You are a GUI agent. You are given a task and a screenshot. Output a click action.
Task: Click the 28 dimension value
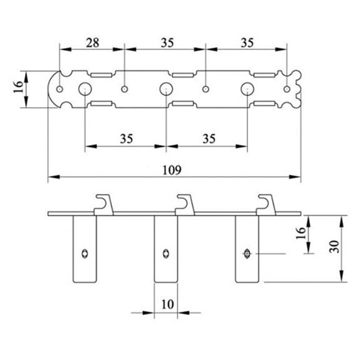pyautogui.click(x=93, y=43)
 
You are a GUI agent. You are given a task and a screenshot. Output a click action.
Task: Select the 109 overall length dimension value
pyautogui.click(x=172, y=170)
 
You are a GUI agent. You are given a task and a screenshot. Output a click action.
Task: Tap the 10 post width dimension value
pyautogui.click(x=168, y=304)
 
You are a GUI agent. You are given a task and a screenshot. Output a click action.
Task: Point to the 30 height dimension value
pyautogui.click(x=334, y=247)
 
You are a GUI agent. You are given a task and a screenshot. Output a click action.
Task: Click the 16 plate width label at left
pyautogui.click(x=18, y=87)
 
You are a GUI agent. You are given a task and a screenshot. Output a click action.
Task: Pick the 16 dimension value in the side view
pyautogui.click(x=301, y=233)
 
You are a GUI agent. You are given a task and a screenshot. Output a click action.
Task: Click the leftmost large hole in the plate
pyautogui.click(x=85, y=89)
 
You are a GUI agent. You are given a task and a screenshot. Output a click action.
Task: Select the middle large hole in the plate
pyautogui.click(x=166, y=89)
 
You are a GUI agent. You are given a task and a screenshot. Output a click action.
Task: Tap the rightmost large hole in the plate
pyautogui.click(x=247, y=89)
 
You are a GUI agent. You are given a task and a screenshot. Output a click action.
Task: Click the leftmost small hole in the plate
pyautogui.click(x=59, y=89)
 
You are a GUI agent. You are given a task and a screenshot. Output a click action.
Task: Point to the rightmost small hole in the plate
pyautogui.click(x=287, y=89)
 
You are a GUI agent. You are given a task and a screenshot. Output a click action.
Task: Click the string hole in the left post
pyautogui.click(x=85, y=254)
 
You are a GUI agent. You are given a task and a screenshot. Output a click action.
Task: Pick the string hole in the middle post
pyautogui.click(x=166, y=254)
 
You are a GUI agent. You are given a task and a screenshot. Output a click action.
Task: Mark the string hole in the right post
pyautogui.click(x=247, y=254)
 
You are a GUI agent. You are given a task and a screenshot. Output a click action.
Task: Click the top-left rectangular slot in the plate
pyautogui.click(x=101, y=75)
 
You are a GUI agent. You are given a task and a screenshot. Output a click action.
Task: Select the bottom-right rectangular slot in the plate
pyautogui.click(x=264, y=103)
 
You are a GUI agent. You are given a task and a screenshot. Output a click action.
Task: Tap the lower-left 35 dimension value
pyautogui.click(x=126, y=139)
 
